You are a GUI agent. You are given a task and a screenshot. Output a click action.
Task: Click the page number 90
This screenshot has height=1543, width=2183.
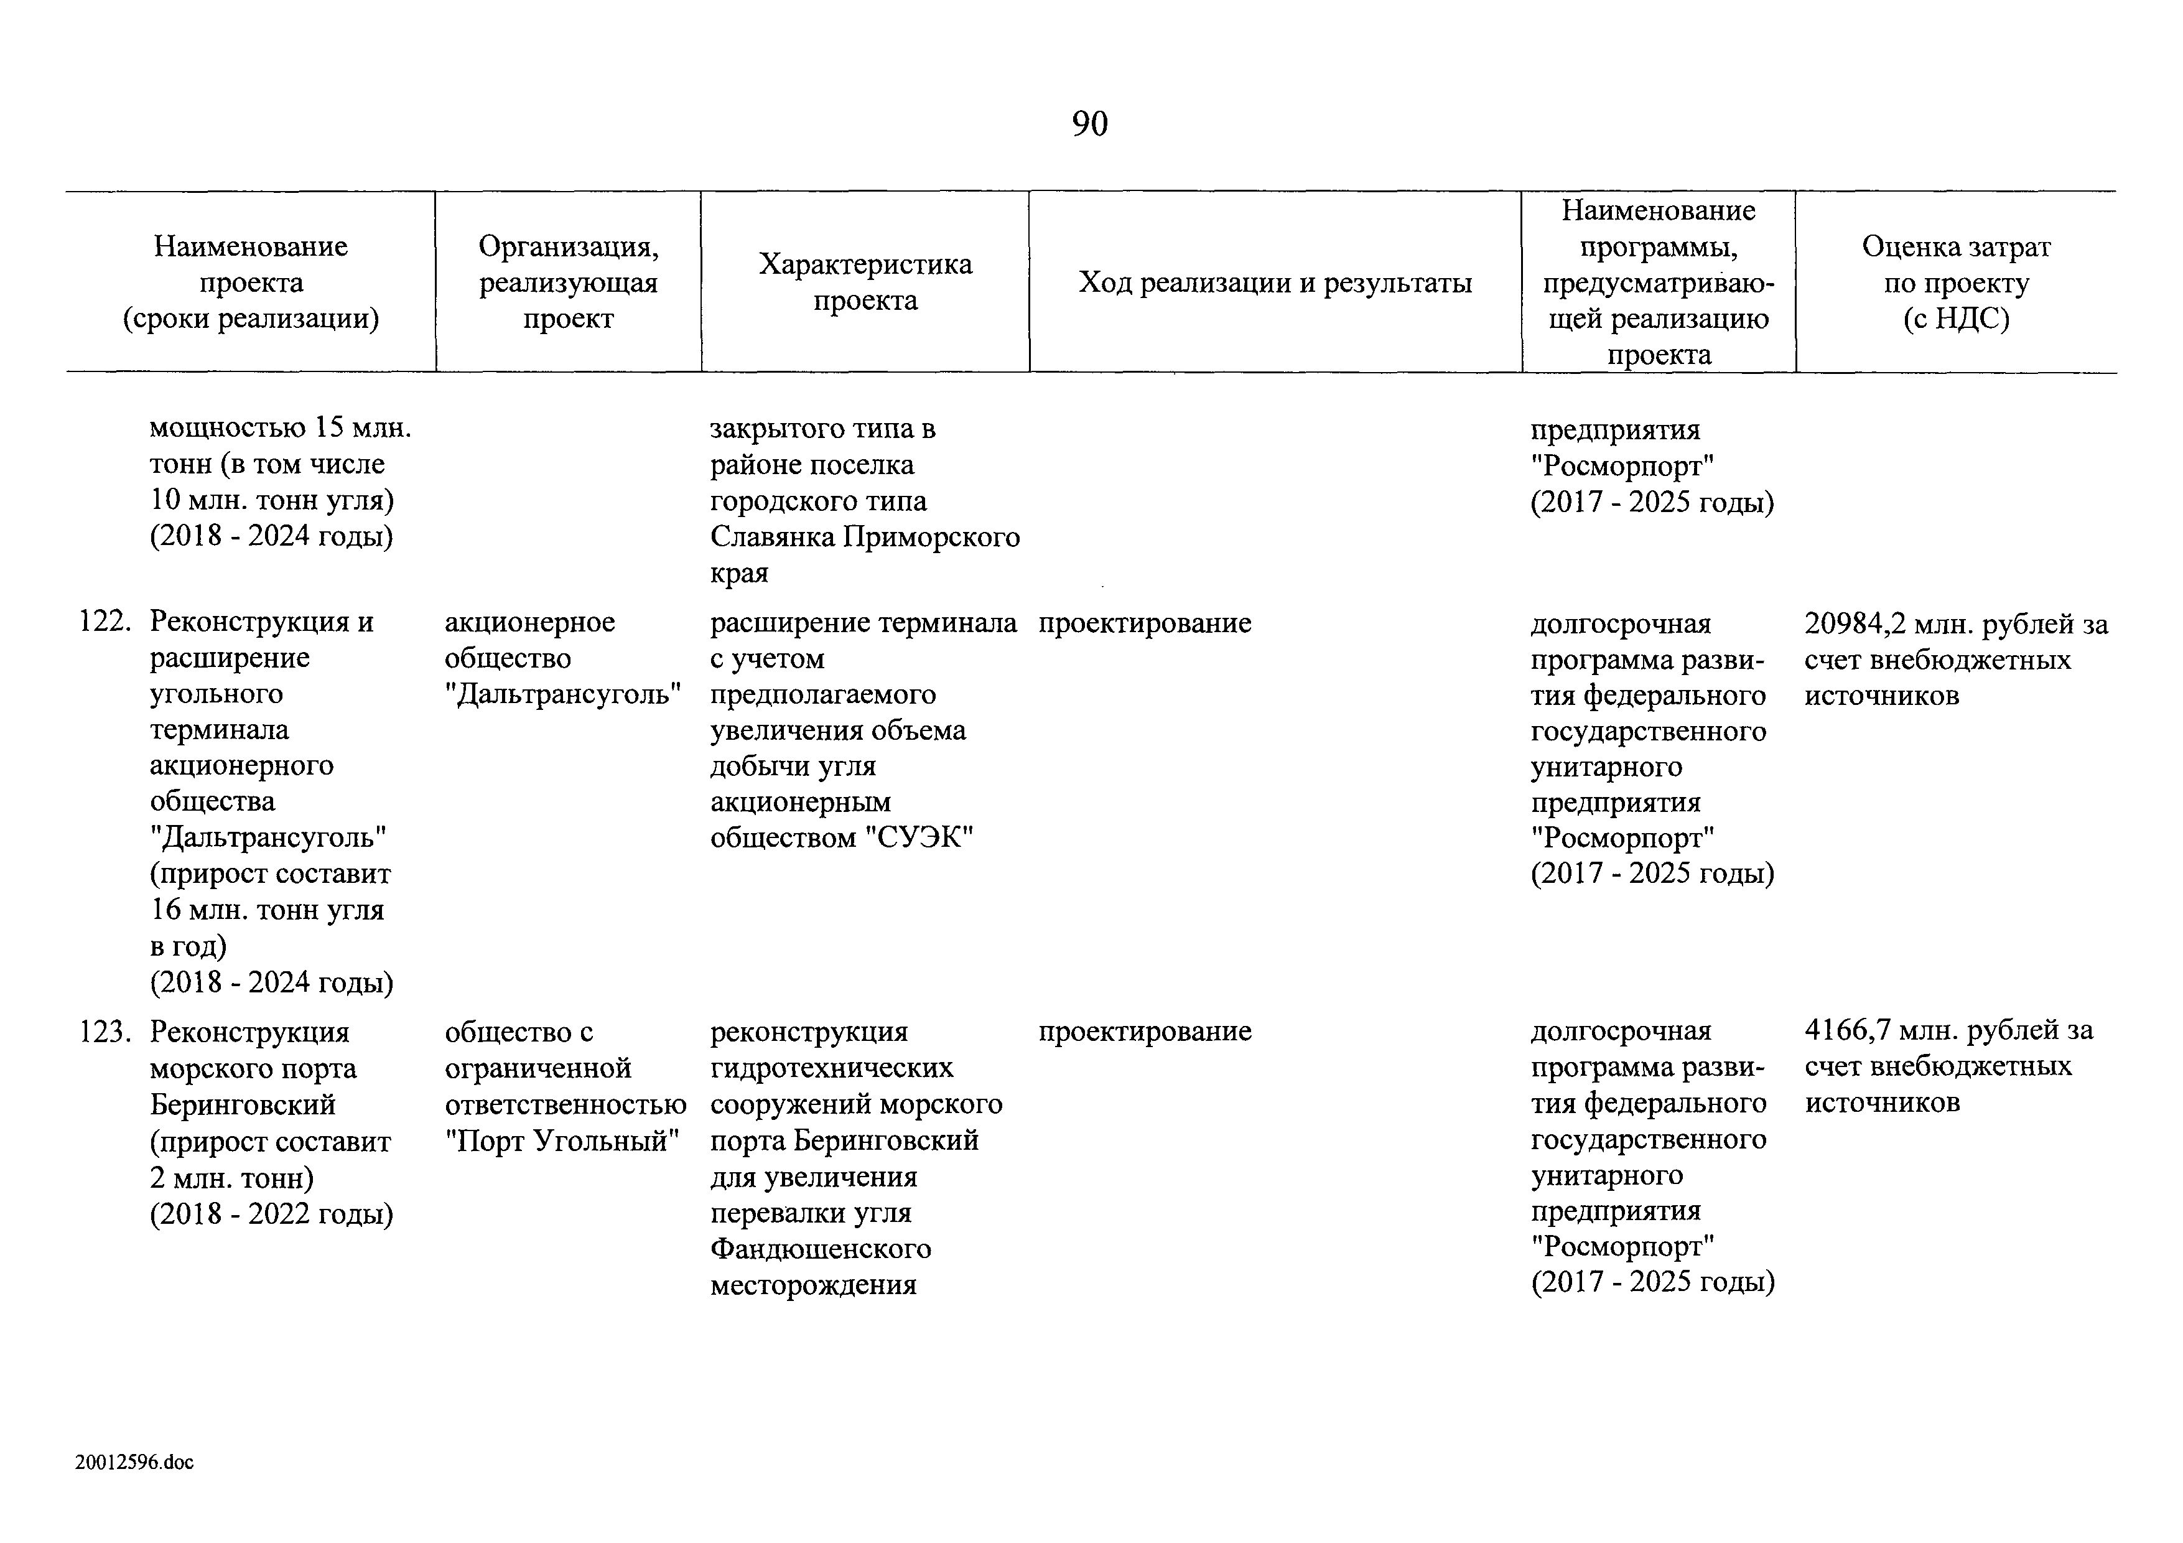click(1089, 124)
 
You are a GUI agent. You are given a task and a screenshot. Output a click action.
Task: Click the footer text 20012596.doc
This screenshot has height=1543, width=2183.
click(134, 1462)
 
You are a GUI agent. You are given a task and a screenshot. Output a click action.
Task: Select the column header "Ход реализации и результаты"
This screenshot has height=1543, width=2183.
click(1275, 282)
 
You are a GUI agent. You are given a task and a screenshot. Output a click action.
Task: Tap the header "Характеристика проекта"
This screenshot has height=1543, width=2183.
click(865, 282)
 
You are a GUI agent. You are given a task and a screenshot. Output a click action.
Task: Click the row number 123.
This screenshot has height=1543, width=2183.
click(105, 1032)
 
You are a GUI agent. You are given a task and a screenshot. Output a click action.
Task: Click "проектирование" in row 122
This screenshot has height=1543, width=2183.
click(1145, 623)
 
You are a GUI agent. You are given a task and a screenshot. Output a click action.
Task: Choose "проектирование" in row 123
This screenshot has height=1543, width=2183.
click(1145, 1032)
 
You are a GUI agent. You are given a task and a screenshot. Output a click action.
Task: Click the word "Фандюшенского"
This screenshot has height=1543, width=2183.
click(821, 1248)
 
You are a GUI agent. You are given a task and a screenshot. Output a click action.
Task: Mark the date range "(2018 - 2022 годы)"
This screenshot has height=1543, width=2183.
click(272, 1214)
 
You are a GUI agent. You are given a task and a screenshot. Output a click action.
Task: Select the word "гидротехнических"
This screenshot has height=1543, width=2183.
click(832, 1068)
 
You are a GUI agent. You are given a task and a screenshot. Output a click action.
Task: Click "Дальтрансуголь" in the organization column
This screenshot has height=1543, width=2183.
click(564, 695)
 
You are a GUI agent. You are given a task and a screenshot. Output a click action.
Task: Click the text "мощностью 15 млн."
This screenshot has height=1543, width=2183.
click(281, 428)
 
